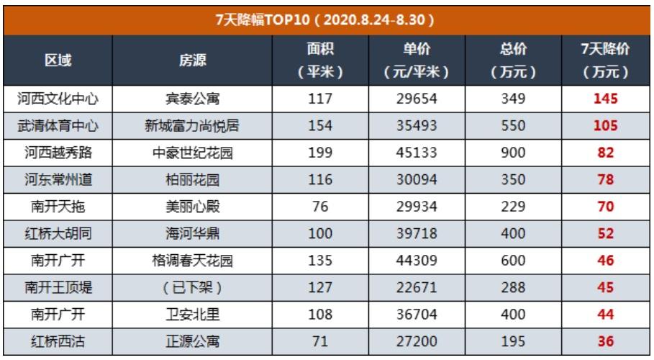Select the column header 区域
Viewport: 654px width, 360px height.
(58, 61)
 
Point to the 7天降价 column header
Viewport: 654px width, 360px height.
(605, 61)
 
